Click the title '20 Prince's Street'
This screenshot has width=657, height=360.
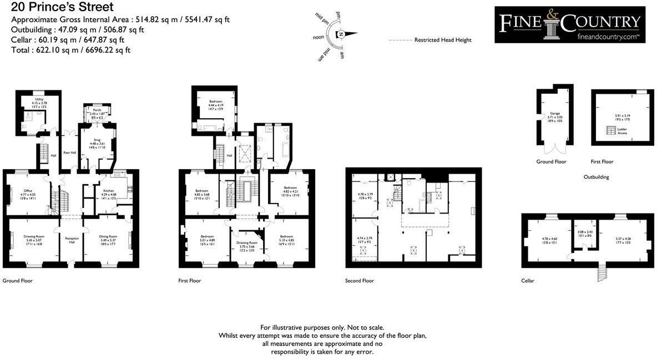coord(62,7)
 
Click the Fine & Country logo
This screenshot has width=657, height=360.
coord(570,24)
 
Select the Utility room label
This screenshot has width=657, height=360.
coord(39,99)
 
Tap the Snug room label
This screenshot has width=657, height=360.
coord(97,140)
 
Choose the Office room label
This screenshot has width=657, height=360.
coord(28,191)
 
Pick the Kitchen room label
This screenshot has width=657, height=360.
coord(109,191)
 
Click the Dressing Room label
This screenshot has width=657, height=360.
coord(247,243)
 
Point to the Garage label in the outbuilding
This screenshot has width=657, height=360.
coord(555,113)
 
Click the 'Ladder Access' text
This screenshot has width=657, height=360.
coord(622,131)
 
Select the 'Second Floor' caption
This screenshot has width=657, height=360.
coord(360,281)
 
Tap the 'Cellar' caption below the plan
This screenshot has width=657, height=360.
coord(528,281)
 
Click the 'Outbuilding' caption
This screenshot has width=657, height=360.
coord(597,177)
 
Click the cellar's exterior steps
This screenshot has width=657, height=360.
coord(601,272)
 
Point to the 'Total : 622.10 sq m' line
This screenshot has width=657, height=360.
coord(71,50)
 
